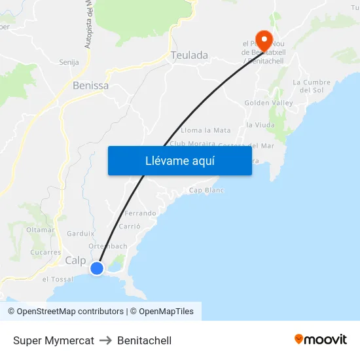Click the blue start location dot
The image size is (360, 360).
pyautogui.click(x=97, y=268)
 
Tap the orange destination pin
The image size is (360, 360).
pyautogui.click(x=264, y=41)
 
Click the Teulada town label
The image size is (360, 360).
pyautogui.click(x=189, y=56)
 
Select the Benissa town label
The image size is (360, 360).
pyautogui.click(x=90, y=86)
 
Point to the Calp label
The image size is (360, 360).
pyautogui.click(x=75, y=261)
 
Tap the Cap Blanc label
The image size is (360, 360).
pyautogui.click(x=206, y=190)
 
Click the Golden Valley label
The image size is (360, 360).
pyautogui.click(x=269, y=103)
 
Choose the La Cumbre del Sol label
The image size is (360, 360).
pyautogui.click(x=312, y=86)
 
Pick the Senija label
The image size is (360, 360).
pyautogui.click(x=69, y=62)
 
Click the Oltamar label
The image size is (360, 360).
pyautogui.click(x=40, y=230)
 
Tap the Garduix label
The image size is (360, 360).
pyautogui.click(x=81, y=233)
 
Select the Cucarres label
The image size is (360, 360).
pyautogui.click(x=46, y=252)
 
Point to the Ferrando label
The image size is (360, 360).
pyautogui.click(x=140, y=213)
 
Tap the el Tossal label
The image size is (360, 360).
pyautogui.click(x=58, y=279)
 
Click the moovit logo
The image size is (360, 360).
pyautogui.click(x=321, y=340)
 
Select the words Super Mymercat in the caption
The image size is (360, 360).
pyautogui.click(x=54, y=340)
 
